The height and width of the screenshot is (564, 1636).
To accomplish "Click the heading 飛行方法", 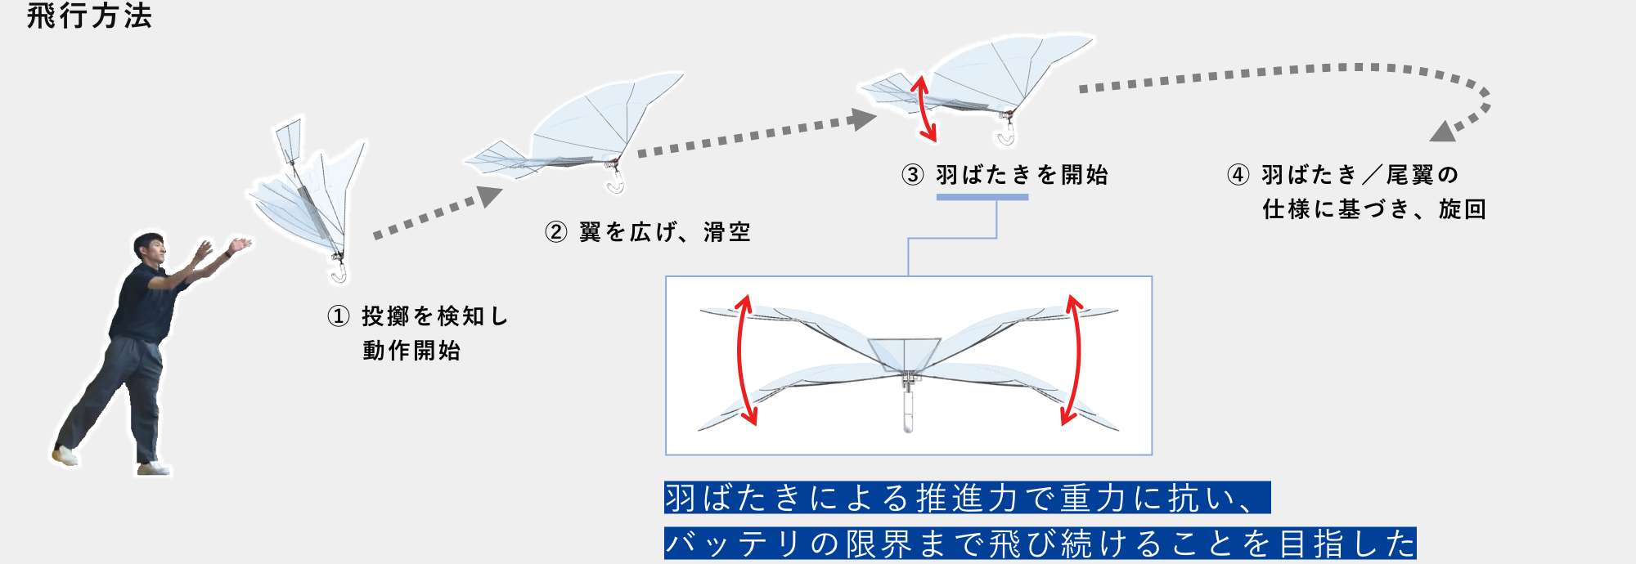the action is [89, 16].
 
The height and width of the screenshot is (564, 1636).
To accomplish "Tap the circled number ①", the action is [339, 316].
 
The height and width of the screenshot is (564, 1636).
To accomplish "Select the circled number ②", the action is [556, 232].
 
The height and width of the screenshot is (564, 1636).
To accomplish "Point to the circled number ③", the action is [913, 175].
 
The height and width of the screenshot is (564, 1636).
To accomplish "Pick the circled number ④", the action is [1238, 175].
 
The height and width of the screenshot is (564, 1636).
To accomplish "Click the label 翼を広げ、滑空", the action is [664, 232].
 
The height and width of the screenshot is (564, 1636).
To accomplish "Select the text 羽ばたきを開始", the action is [1022, 175].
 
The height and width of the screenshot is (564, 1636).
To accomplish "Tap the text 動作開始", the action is [411, 351].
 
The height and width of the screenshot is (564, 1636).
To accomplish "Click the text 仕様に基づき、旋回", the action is [1374, 209].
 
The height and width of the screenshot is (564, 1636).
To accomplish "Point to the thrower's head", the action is [151, 247].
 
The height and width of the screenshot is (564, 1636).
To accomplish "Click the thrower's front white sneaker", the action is [155, 468].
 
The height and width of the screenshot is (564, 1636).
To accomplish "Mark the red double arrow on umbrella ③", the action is [925, 109].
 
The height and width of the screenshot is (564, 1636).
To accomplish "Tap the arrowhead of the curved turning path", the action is [1443, 132].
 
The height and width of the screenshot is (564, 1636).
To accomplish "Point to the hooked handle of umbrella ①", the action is [337, 269].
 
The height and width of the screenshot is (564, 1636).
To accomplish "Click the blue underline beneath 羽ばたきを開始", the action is [982, 197].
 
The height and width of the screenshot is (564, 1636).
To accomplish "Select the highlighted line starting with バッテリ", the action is [1040, 544].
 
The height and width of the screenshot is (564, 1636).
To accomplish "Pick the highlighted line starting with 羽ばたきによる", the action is [967, 498].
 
